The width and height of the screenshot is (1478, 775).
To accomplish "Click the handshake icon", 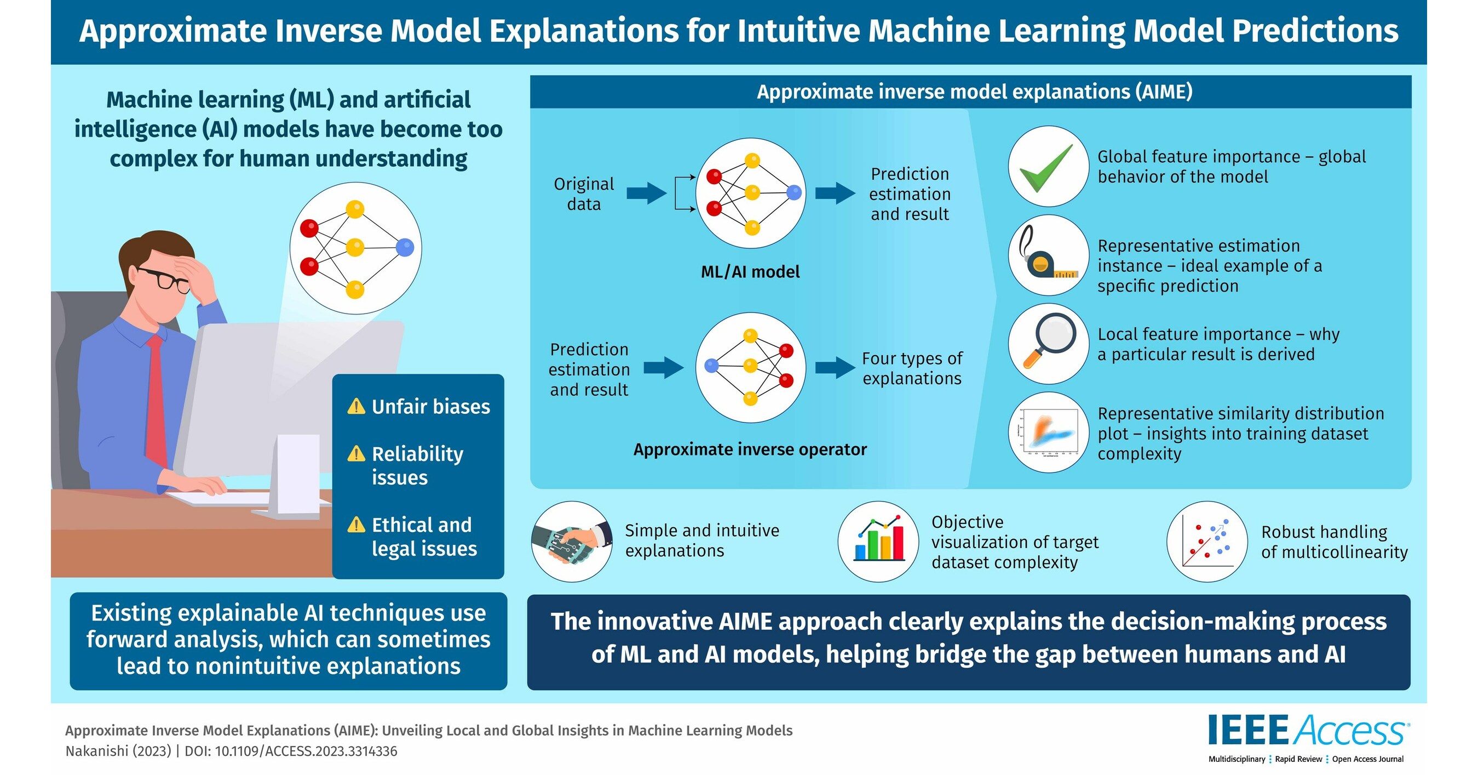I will (x=572, y=542).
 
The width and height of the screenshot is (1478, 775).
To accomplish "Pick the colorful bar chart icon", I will (x=878, y=541).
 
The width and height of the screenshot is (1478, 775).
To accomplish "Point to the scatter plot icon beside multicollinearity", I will (x=1207, y=541).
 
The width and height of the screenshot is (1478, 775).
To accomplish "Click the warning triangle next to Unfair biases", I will (x=356, y=407).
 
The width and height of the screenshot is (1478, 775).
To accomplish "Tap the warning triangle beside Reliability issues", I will (x=356, y=453).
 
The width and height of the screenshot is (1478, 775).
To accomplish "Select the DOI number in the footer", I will (x=306, y=751).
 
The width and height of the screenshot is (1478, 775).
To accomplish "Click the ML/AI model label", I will (x=750, y=271).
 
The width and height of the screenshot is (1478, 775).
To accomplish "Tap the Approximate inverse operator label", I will (x=750, y=449).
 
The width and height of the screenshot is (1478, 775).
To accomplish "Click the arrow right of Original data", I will (x=646, y=193).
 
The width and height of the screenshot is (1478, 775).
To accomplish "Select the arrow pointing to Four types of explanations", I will (x=835, y=367).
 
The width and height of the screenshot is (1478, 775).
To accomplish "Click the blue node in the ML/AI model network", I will (x=794, y=192).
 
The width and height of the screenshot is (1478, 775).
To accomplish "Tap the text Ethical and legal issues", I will (x=423, y=537).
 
